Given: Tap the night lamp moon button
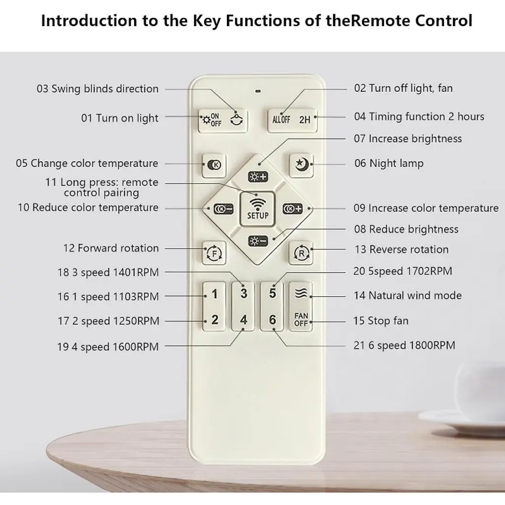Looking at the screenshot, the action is coord(301,165).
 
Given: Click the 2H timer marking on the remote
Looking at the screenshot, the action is coord(305,120).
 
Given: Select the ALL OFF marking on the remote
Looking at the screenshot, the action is coord(281,120).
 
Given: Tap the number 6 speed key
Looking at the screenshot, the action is coord(272,320).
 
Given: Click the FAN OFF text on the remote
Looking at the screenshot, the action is coord(301,320).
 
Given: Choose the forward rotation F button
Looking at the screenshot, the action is coord(214,253).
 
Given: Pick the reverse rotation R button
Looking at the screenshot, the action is coord(301,253).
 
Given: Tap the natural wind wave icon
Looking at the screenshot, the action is coord(301,292).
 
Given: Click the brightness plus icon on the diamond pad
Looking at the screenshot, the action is coord(258,177).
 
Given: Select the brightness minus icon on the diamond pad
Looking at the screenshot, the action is coord(258,241).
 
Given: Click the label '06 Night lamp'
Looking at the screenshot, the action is coord(389,163).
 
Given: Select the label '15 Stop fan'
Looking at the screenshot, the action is coord(381,321).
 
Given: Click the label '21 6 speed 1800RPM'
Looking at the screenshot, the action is coord(404,345).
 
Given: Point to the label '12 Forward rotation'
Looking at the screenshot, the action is coord(111,248).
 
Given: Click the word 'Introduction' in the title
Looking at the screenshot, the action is coord(89,21).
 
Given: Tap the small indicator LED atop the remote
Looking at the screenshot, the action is coord(258,91).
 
